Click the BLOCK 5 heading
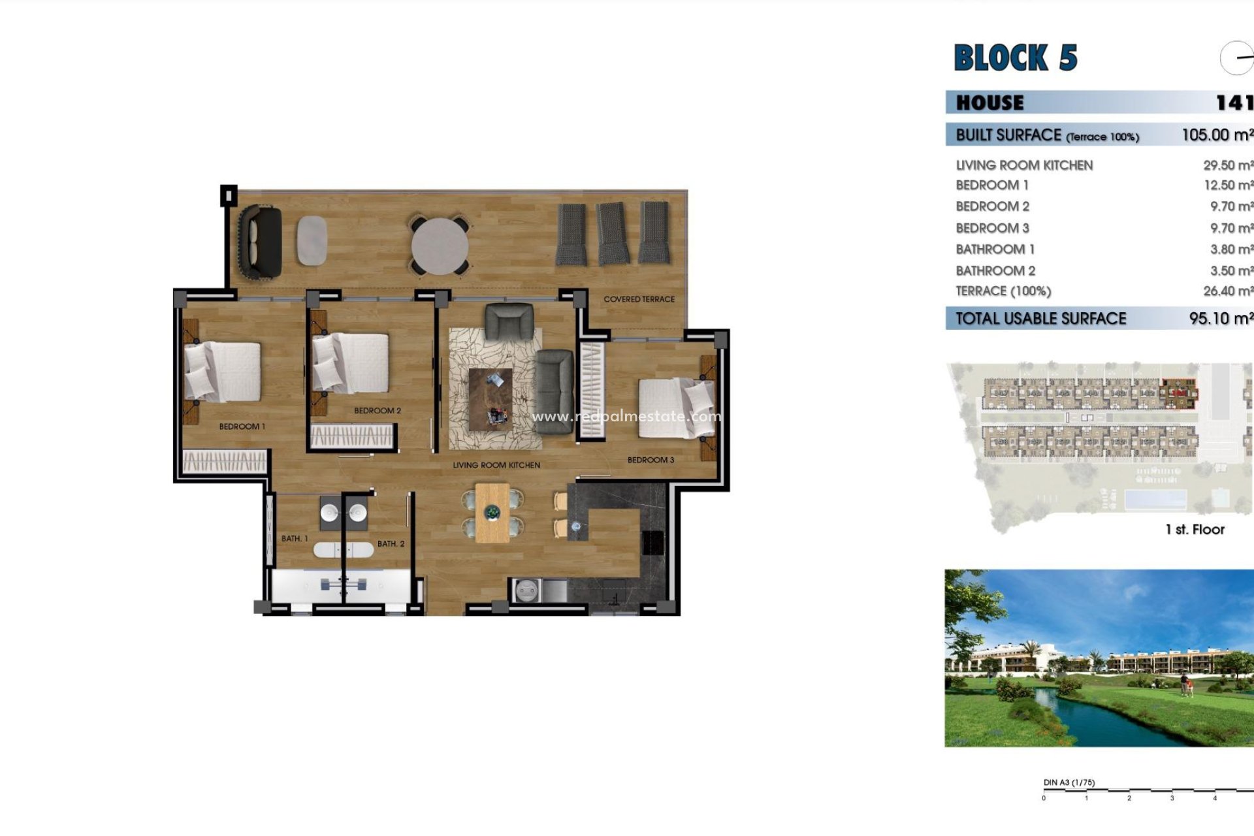(x=1015, y=57)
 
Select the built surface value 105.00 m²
(x=1217, y=135)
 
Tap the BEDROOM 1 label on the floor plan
(x=242, y=426)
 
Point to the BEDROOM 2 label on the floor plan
(x=378, y=411)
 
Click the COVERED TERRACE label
(x=639, y=299)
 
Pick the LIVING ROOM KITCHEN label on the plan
(x=496, y=465)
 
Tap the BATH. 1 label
(x=295, y=539)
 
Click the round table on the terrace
(x=440, y=246)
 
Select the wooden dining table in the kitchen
(x=492, y=513)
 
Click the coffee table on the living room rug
(x=490, y=399)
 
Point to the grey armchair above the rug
(x=509, y=322)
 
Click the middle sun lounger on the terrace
(x=613, y=233)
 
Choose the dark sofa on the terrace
(x=260, y=242)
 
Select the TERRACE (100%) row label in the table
(x=1003, y=291)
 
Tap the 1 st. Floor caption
(x=1195, y=530)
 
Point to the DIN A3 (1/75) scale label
(x=1069, y=782)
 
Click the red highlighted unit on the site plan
(x=1179, y=393)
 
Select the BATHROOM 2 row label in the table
(x=995, y=270)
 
